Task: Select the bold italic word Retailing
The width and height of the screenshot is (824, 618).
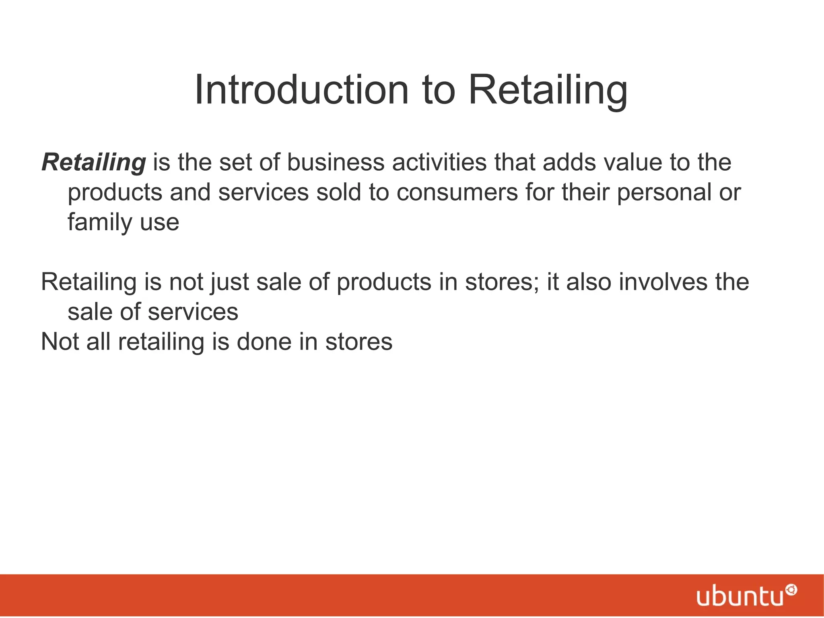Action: coord(93,162)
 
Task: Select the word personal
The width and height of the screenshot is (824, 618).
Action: coord(664,192)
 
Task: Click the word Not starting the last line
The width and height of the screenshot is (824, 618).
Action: coord(60,342)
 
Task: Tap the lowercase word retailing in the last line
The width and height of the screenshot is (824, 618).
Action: coord(161,342)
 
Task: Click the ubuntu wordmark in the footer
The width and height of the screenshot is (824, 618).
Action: coord(740,597)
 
